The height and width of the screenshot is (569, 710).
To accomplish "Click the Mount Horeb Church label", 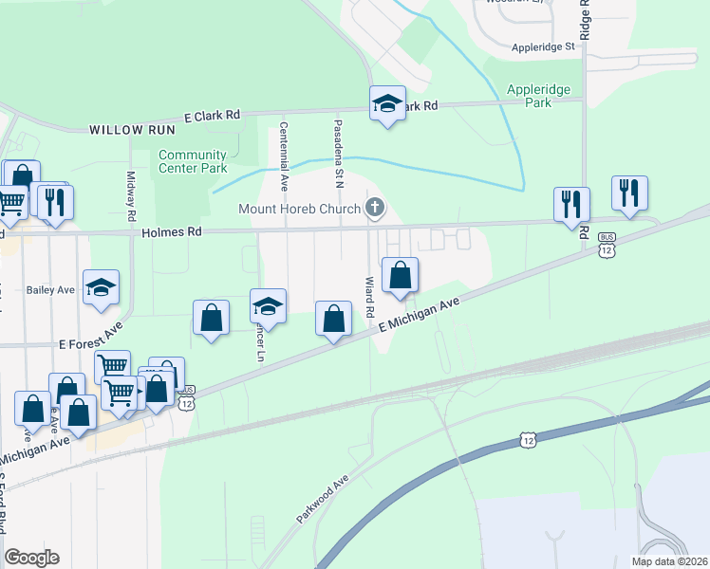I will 298,209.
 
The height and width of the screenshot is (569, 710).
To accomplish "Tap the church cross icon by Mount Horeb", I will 375,209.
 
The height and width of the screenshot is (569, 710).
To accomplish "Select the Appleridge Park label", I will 538,95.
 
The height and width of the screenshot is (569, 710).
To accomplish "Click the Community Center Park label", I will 193,161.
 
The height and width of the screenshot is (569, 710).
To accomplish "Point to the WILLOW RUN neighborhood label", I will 130,129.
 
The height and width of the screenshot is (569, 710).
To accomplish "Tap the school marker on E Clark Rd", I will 387,103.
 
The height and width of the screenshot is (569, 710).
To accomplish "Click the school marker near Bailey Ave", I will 102,288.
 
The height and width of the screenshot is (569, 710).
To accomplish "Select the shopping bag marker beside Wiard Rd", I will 401,275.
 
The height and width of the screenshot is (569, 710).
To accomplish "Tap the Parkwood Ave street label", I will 322,499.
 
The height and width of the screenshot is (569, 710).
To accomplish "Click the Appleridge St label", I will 543,46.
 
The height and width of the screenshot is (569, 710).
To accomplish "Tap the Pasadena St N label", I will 337,152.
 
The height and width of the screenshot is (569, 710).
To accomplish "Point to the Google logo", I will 31,558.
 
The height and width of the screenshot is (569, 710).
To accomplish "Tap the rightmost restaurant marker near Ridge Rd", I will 629,193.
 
